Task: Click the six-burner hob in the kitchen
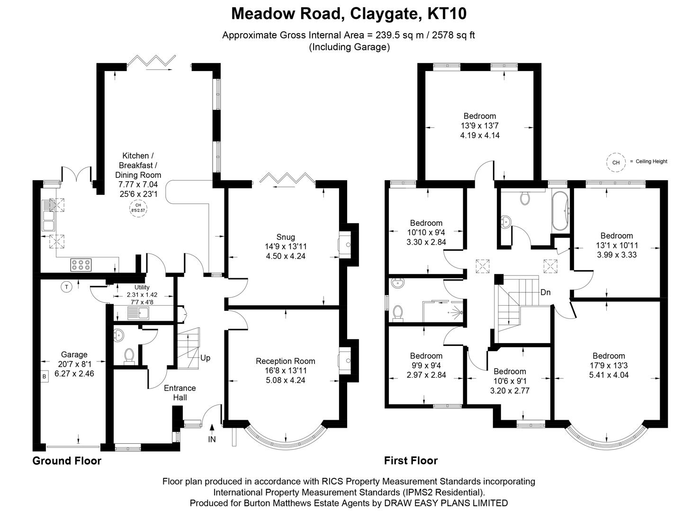pos(81,265)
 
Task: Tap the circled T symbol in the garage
pos(67,287)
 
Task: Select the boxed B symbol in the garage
pos(45,377)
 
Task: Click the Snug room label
pos(286,237)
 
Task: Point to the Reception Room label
pos(285,361)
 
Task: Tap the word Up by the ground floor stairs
pos(205,358)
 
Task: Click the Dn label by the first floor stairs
pos(546,292)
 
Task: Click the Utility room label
pos(142,287)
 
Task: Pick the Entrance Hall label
pos(179,393)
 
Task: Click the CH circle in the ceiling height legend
pos(616,162)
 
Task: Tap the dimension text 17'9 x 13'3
pos(609,365)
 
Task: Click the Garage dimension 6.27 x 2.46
pos(74,373)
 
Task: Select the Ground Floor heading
pos(67,460)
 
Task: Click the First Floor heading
pos(411,460)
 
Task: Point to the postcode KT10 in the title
pos(447,14)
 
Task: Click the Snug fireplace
pos(345,245)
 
